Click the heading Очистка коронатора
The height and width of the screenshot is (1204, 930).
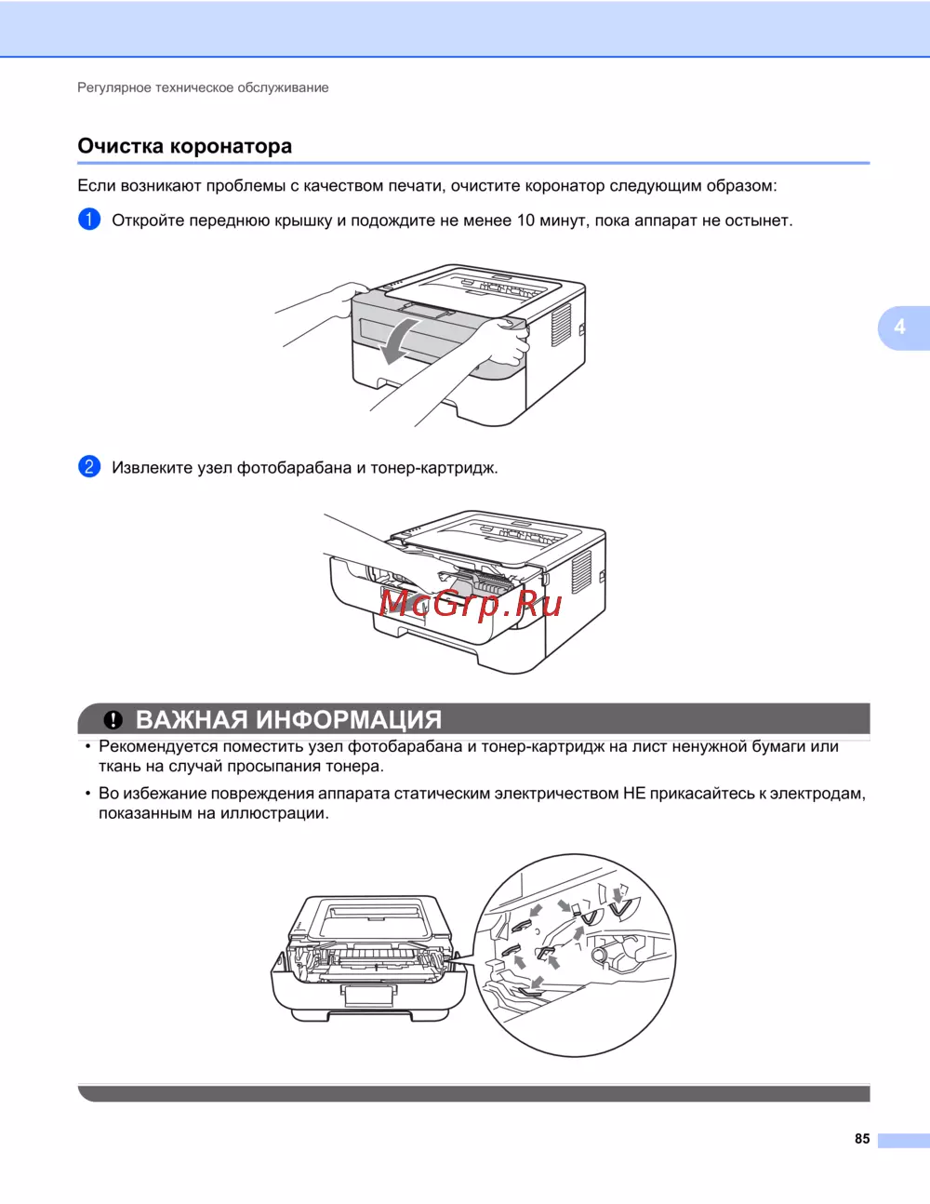coord(184,146)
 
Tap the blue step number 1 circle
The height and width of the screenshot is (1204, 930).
coord(89,220)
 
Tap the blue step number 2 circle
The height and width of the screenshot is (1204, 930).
coord(89,466)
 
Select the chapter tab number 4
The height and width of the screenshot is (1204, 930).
coord(899,327)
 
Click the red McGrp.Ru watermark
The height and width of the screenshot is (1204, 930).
coord(471,603)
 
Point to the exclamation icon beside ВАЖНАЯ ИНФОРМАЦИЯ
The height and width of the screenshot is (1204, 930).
coord(113,720)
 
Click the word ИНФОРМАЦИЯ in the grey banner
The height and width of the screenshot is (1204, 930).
coord(349,720)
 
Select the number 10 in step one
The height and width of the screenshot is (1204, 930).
coord(525,221)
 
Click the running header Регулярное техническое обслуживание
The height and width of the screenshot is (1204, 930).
coord(203,87)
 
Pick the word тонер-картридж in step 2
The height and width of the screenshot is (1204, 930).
coord(434,468)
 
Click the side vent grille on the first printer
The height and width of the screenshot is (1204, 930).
coord(560,326)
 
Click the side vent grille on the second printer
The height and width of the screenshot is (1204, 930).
coord(580,572)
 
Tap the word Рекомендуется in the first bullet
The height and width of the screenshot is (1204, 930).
coord(158,747)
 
